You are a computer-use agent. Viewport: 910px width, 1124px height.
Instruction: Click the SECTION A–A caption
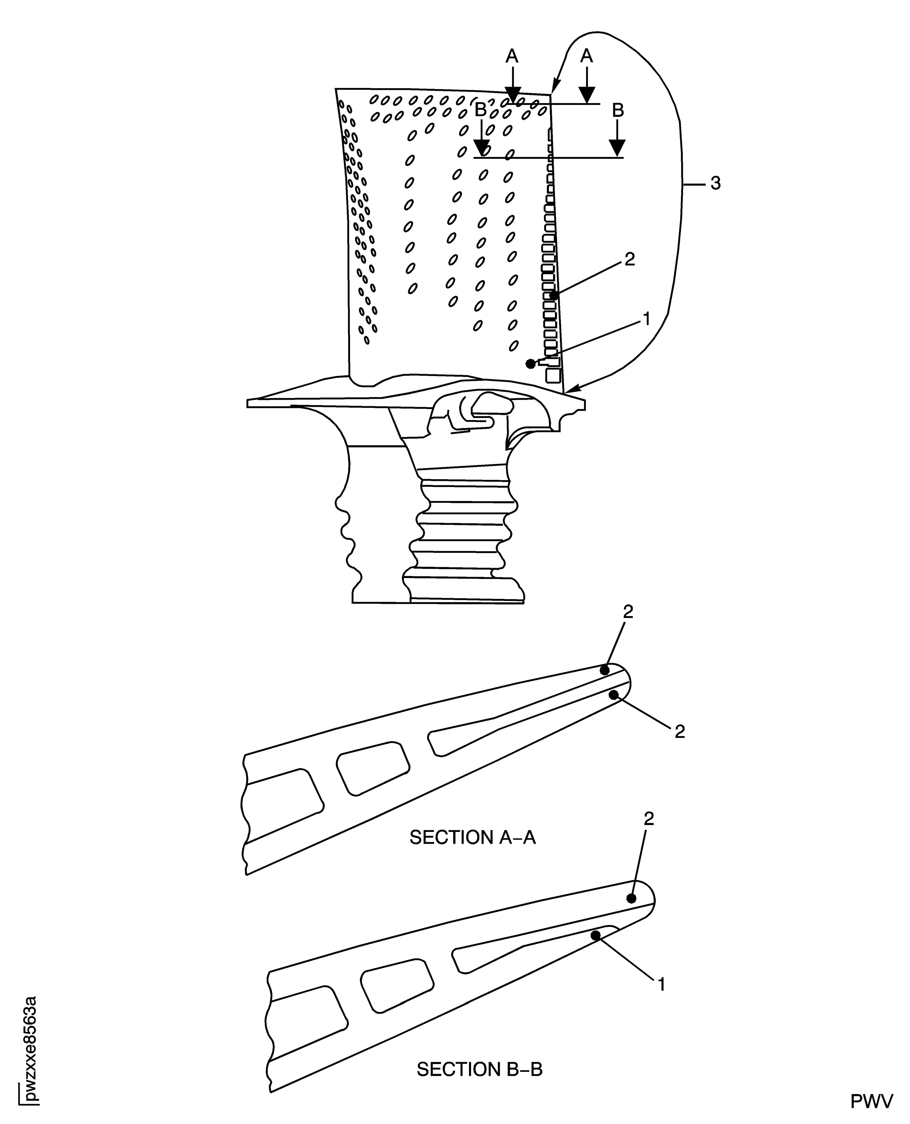pos(472,837)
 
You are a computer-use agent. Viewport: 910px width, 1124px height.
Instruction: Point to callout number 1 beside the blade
pos(646,318)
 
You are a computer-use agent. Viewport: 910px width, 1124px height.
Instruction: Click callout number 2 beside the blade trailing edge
pos(629,259)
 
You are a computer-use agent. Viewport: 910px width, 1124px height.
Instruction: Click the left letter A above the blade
pos(512,56)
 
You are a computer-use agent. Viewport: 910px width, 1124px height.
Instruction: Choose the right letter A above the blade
pos(586,56)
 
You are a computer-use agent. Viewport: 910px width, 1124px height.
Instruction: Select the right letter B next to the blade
pos(618,110)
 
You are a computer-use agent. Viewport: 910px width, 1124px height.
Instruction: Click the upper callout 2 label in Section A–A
pos(628,612)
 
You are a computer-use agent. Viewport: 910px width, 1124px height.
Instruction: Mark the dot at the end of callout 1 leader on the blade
pos(530,364)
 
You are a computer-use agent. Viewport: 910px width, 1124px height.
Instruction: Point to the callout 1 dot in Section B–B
pos(595,935)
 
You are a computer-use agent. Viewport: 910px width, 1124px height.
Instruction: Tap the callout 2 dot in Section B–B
pos(631,898)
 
